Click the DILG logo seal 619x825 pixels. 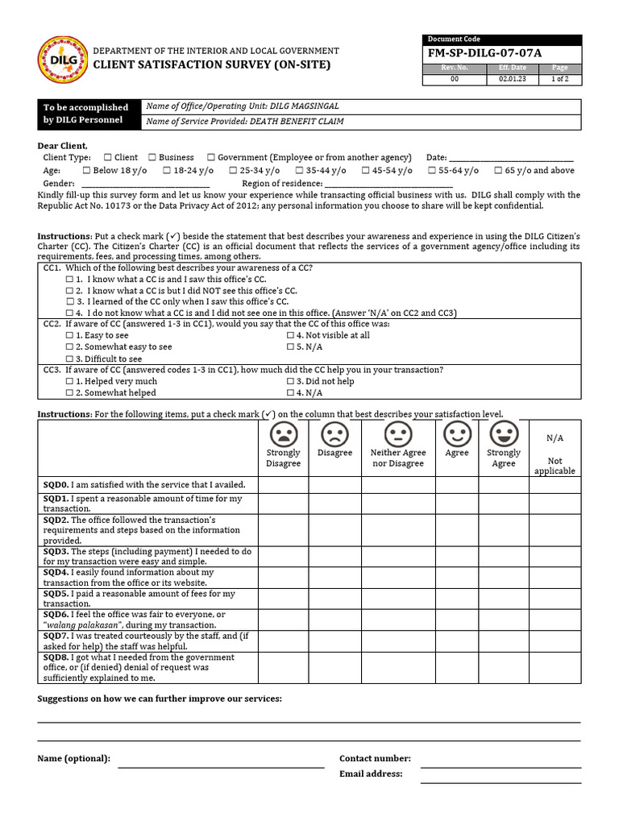coord(64,60)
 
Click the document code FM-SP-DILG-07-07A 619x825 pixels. coord(484,53)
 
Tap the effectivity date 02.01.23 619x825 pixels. coord(512,80)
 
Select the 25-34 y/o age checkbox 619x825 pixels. coord(233,171)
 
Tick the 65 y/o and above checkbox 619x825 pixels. coord(498,171)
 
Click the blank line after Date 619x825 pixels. coord(511,160)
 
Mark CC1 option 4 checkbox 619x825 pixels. coord(69,313)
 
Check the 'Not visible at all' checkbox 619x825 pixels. coord(290,335)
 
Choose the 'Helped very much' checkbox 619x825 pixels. coord(69,382)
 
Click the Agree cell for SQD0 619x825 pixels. coord(457,485)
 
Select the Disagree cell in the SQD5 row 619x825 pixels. coord(334,599)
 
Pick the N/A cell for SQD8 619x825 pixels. coord(555,668)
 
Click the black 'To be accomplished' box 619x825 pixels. coord(87,114)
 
